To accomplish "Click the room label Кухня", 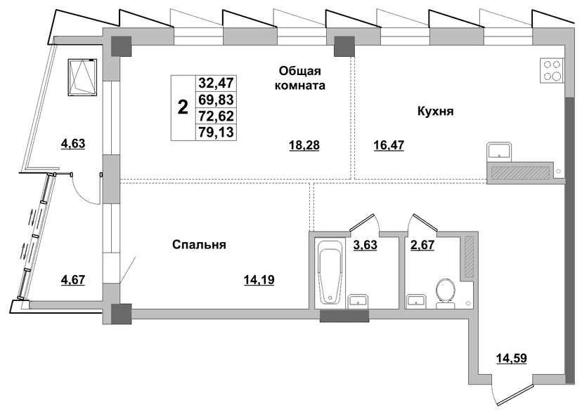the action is click(x=435, y=111).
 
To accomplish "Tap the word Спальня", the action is click(x=200, y=245).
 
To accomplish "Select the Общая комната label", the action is click(x=299, y=78).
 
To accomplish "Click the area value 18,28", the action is click(x=304, y=146).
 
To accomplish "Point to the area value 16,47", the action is click(x=389, y=145).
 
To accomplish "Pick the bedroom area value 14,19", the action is click(x=259, y=280).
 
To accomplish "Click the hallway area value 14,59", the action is click(x=512, y=358).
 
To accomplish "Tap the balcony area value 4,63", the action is click(x=73, y=143).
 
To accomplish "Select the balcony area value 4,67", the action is click(x=73, y=279).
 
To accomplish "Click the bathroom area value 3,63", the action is click(x=366, y=245).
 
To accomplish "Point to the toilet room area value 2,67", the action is click(x=422, y=245).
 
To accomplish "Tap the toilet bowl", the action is click(x=446, y=294).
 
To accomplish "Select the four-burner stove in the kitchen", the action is click(x=552, y=71).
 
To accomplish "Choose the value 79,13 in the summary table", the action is click(x=216, y=133).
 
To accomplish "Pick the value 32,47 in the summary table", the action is click(x=216, y=83).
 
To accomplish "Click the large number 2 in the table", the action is click(x=183, y=108).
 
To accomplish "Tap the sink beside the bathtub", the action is click(x=358, y=301).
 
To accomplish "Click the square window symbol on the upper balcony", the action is click(x=82, y=77).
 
